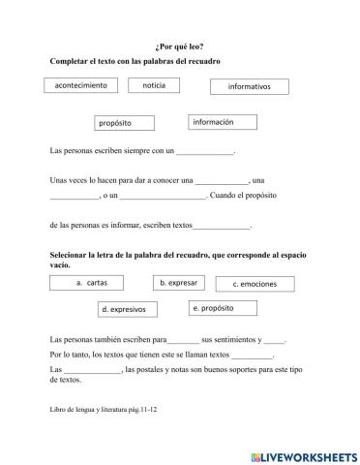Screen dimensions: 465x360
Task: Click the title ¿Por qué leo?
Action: pos(180,45)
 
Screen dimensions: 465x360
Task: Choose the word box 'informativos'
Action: pos(250,87)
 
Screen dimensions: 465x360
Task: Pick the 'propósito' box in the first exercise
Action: pos(128,123)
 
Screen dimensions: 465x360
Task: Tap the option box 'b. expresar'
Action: pos(180,283)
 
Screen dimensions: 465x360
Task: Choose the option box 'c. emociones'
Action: pos(255,284)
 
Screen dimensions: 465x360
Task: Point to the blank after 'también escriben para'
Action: pos(184,341)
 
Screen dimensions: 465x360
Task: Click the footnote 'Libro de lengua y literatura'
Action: pos(93,409)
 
